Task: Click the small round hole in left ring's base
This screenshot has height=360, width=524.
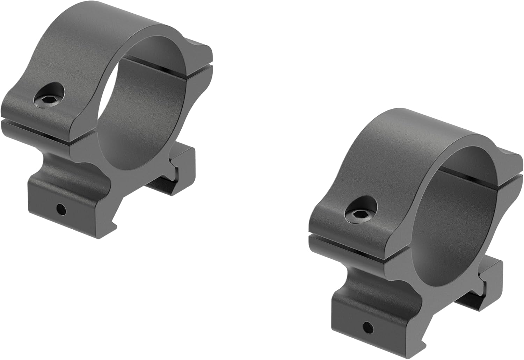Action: [x=62, y=210]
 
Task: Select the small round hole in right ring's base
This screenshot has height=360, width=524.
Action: [x=367, y=328]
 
